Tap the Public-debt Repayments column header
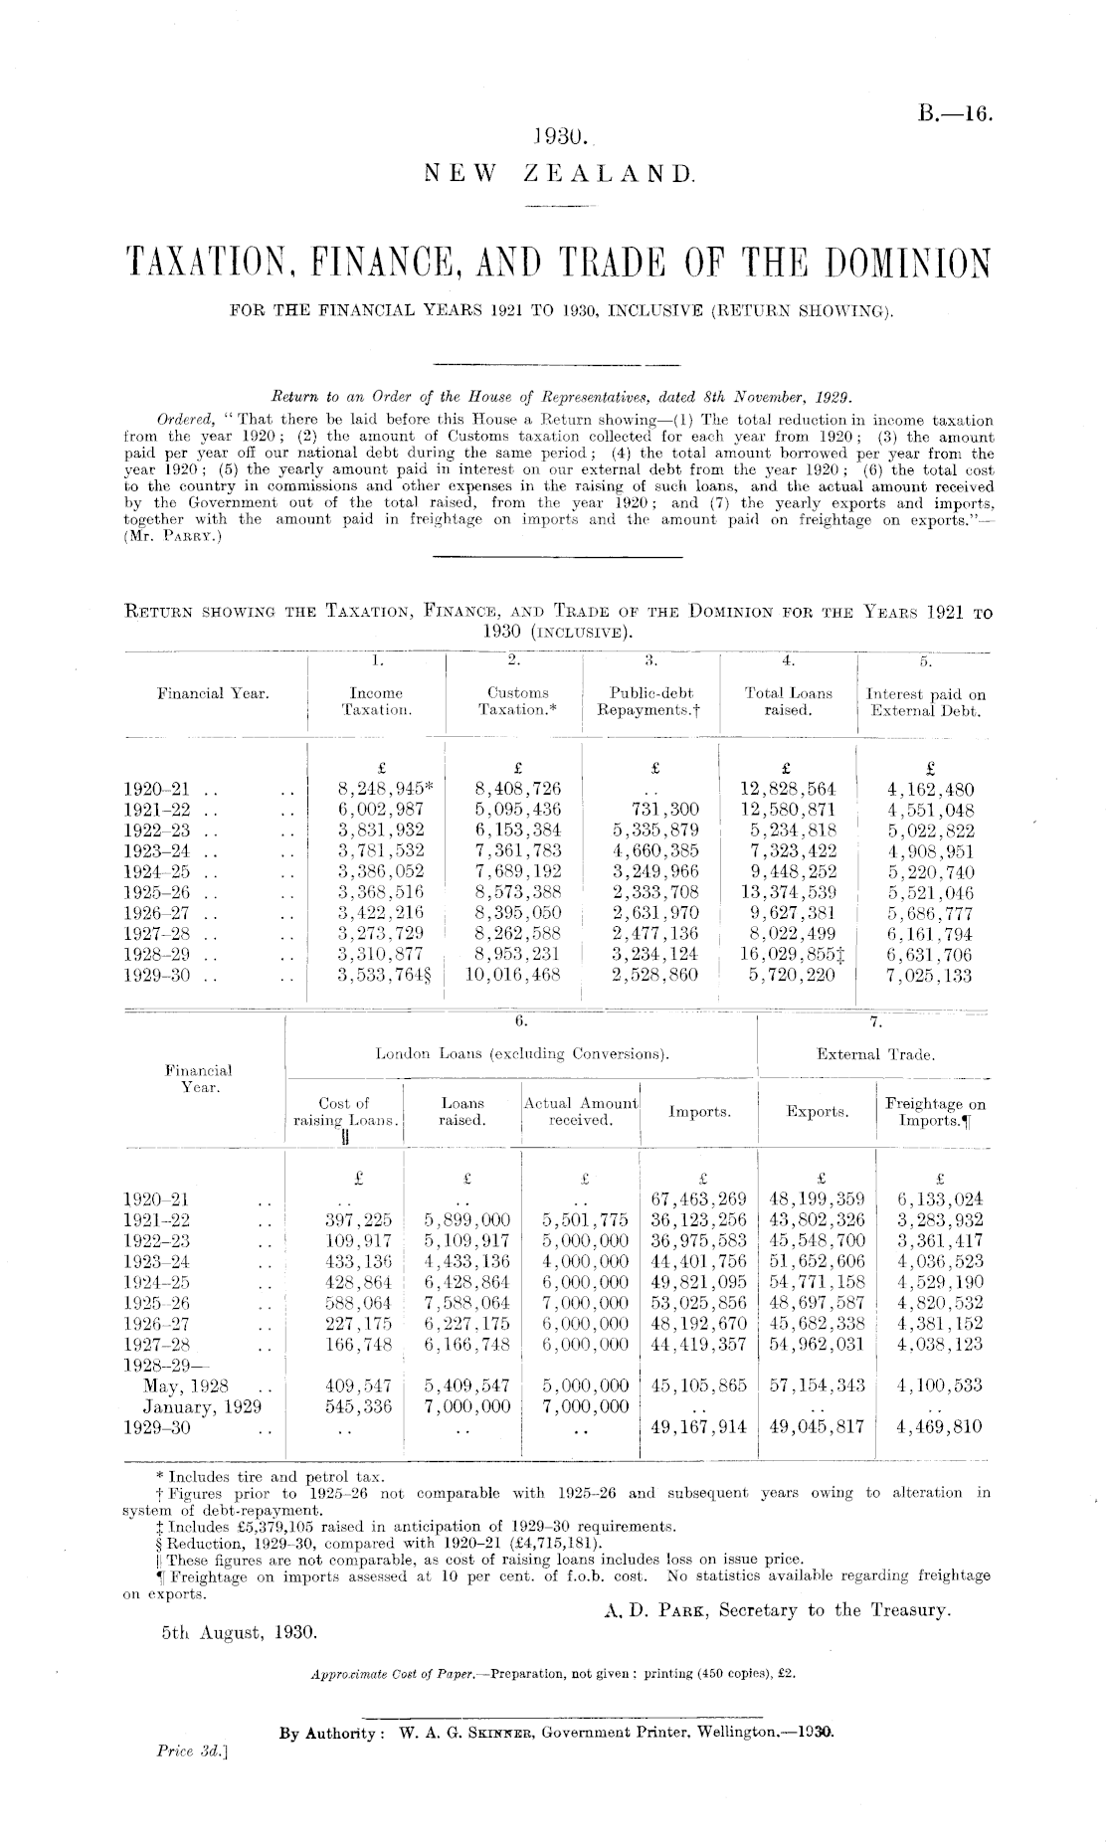(x=650, y=701)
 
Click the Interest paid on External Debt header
(x=926, y=702)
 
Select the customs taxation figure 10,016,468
(x=513, y=976)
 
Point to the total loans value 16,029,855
(x=786, y=955)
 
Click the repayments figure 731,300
(x=664, y=810)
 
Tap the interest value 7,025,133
(x=930, y=976)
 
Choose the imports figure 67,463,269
(x=697, y=1199)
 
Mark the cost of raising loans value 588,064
(x=359, y=1303)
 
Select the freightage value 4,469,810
(x=939, y=1427)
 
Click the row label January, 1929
(x=202, y=1406)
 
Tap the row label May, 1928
(x=186, y=1385)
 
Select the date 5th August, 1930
(x=238, y=1632)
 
